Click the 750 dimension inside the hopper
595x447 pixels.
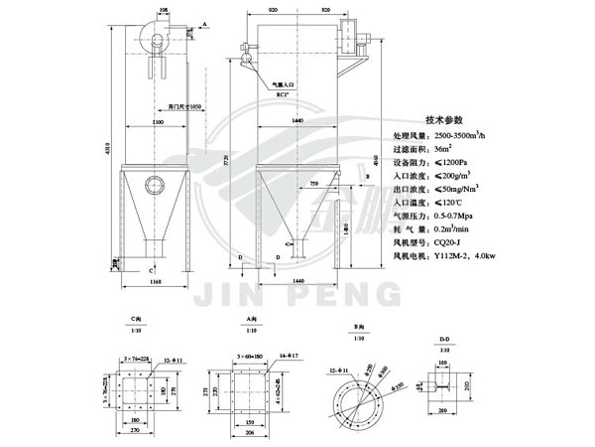(313, 185)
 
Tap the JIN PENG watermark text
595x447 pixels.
(297, 293)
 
